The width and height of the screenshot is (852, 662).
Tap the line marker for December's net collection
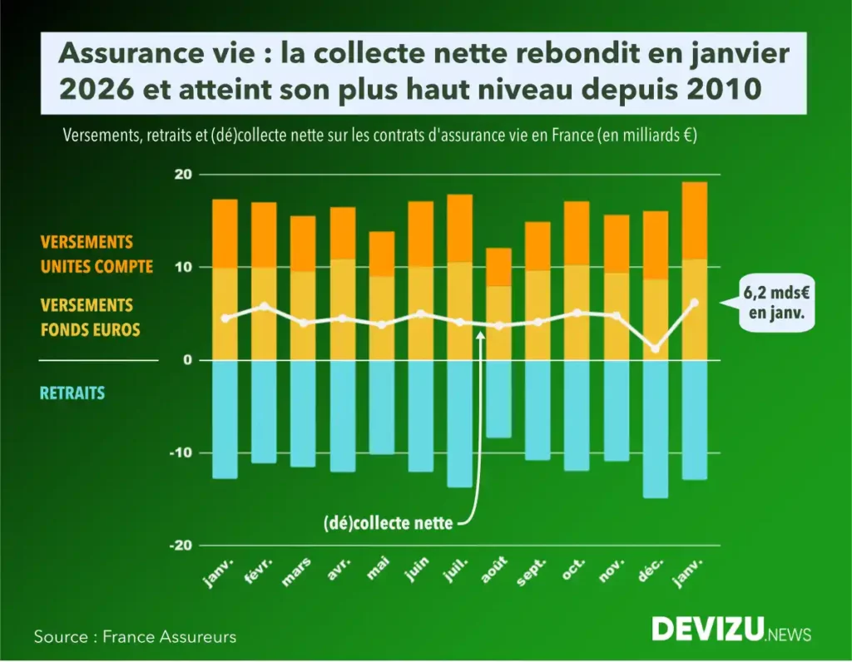pos(656,348)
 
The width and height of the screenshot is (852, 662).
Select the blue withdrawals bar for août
pos(499,398)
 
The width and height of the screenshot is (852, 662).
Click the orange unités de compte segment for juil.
pos(459,229)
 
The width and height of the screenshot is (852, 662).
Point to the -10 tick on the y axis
pos(182,453)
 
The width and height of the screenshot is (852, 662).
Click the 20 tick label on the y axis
pos(183,175)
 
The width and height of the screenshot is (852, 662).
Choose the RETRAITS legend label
pos(72,393)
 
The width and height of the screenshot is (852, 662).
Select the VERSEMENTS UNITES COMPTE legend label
pos(97,254)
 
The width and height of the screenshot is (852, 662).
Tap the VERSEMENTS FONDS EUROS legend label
pos(90,318)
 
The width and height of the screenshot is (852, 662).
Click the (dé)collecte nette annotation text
pos(389,525)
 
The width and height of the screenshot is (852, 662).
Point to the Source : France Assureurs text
pos(135,637)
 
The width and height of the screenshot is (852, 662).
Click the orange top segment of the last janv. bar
pos(695,220)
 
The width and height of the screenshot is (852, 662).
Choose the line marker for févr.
pos(264,306)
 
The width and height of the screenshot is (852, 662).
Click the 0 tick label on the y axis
pos(187,360)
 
